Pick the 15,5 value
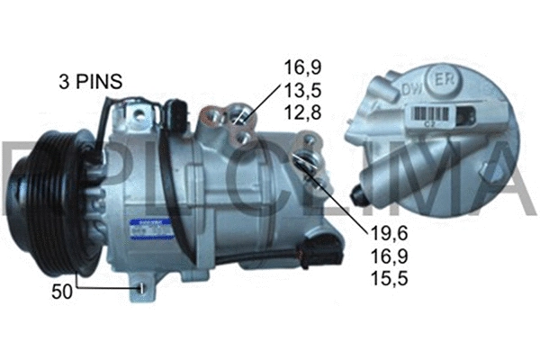[x=389, y=278]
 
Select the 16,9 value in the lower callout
[x=389, y=256]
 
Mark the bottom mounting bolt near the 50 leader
[x=141, y=287]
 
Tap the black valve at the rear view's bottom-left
[x=363, y=192]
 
